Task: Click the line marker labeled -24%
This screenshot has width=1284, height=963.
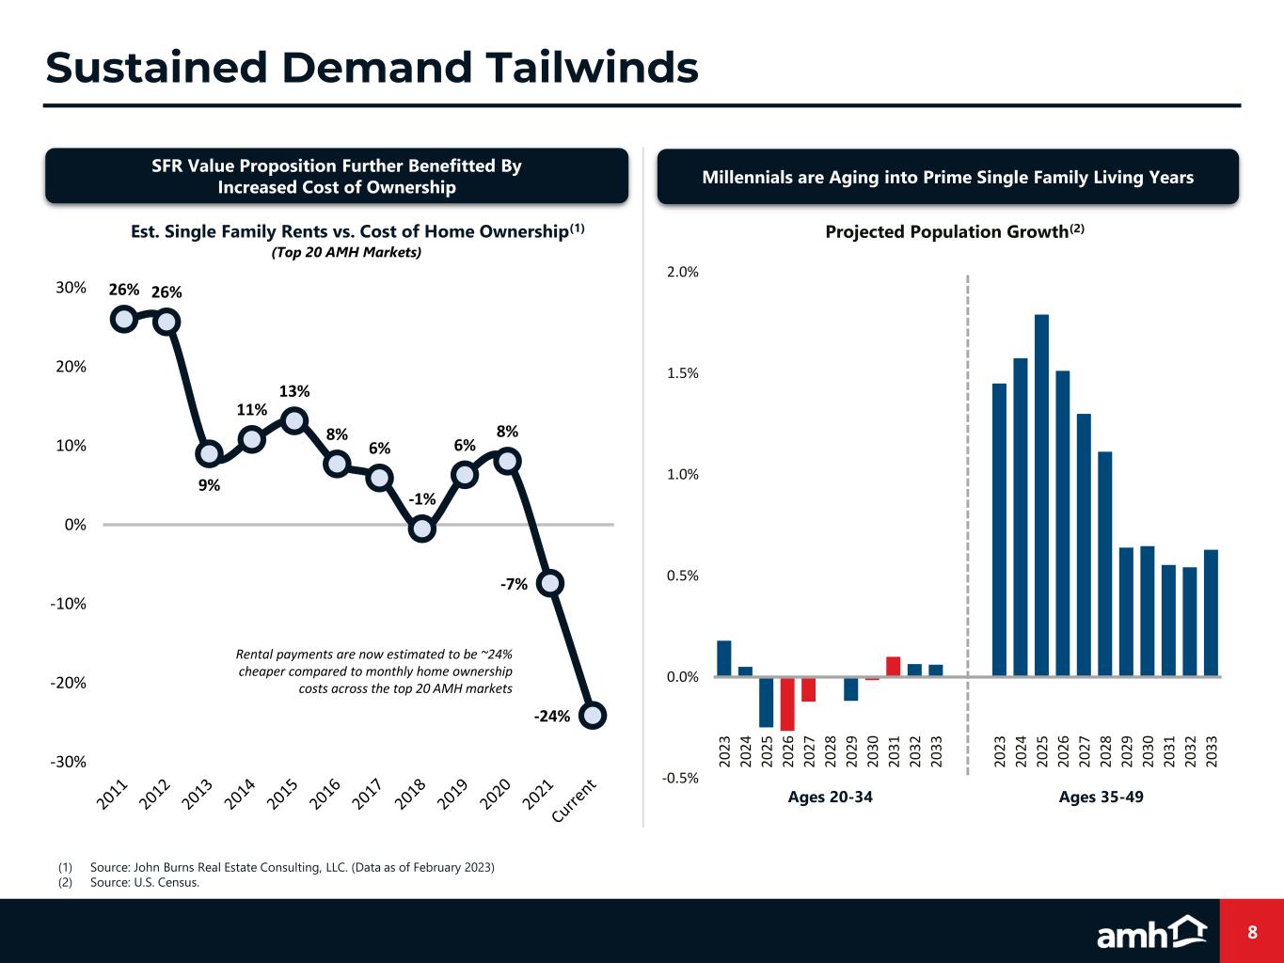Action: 593,715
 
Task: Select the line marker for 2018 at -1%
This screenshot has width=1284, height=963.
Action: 422,529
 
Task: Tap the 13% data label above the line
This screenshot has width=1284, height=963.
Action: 294,391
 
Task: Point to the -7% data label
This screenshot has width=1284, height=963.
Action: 514,585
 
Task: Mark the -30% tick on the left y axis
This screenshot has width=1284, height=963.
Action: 69,762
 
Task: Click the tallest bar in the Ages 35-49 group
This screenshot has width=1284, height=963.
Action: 1041,495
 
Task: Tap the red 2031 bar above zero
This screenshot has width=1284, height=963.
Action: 893,666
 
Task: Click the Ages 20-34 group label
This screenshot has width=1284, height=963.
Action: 830,797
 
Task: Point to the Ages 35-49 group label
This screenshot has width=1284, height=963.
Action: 1101,797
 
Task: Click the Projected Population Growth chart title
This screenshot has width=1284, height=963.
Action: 955,231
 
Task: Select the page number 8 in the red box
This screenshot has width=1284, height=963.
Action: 1252,932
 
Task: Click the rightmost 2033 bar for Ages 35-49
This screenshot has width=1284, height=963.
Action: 1211,612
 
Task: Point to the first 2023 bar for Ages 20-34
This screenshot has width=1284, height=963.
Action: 723,658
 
